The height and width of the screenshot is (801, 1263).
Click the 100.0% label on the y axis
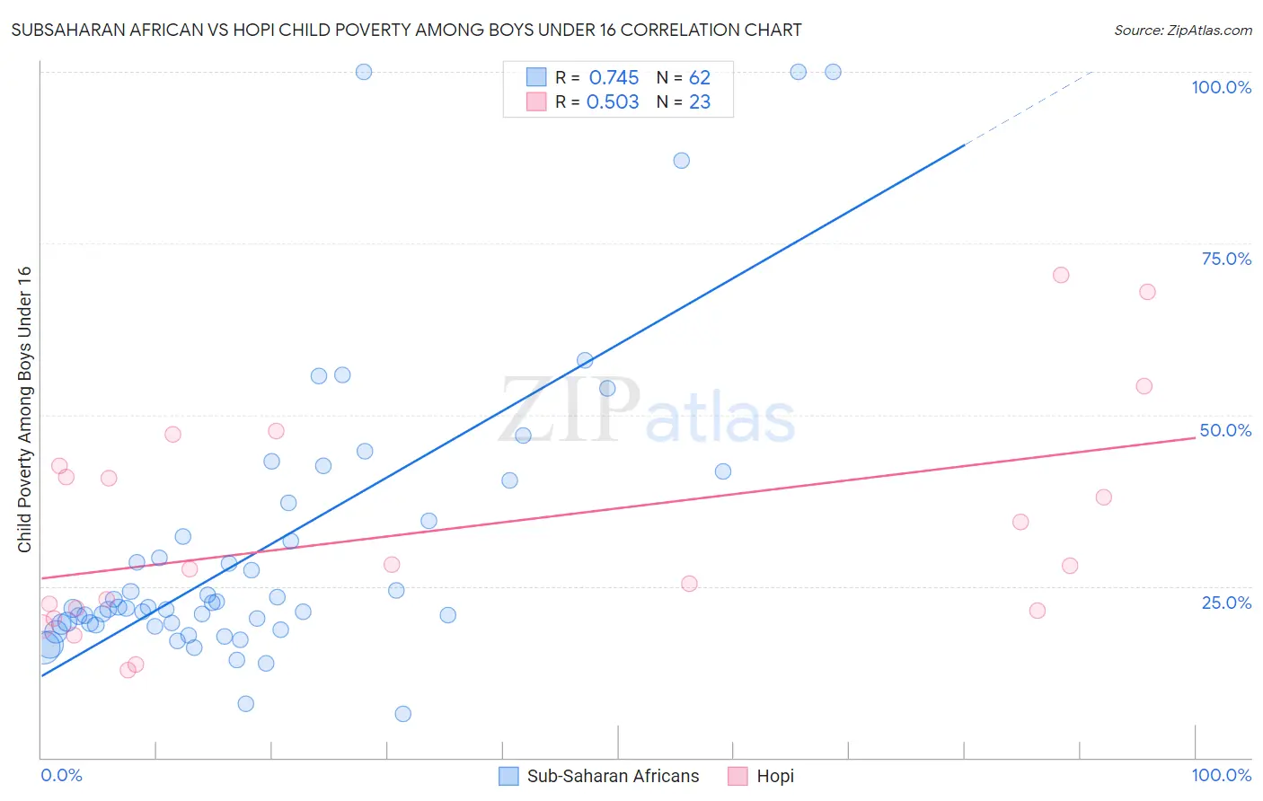tap(1221, 87)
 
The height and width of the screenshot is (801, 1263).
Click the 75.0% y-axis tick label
tap(1226, 259)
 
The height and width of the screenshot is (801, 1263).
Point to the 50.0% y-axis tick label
tap(1225, 430)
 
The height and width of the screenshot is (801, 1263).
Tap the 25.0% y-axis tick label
tap(1226, 602)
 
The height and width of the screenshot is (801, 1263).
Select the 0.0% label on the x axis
tap(61, 775)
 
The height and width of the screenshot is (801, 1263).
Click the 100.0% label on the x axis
tap(1221, 775)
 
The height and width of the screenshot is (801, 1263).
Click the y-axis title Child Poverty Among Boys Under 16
tap(24, 409)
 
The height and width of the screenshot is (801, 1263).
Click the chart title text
tap(407, 30)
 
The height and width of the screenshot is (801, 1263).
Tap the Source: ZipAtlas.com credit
tap(1182, 30)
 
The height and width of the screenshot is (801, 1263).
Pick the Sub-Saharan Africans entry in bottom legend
tap(613, 776)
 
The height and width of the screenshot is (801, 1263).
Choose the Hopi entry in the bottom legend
tap(775, 776)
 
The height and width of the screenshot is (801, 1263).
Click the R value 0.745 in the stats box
tap(614, 78)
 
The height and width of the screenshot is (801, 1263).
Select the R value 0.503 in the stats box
tap(613, 102)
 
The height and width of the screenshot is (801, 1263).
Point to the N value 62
tap(699, 78)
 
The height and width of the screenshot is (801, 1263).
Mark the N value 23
tap(699, 102)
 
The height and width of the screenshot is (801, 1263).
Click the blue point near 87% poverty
tap(682, 161)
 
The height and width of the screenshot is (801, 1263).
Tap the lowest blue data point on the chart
tap(403, 714)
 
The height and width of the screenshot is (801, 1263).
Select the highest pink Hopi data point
tap(1061, 275)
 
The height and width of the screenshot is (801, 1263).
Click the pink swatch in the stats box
tap(536, 101)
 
